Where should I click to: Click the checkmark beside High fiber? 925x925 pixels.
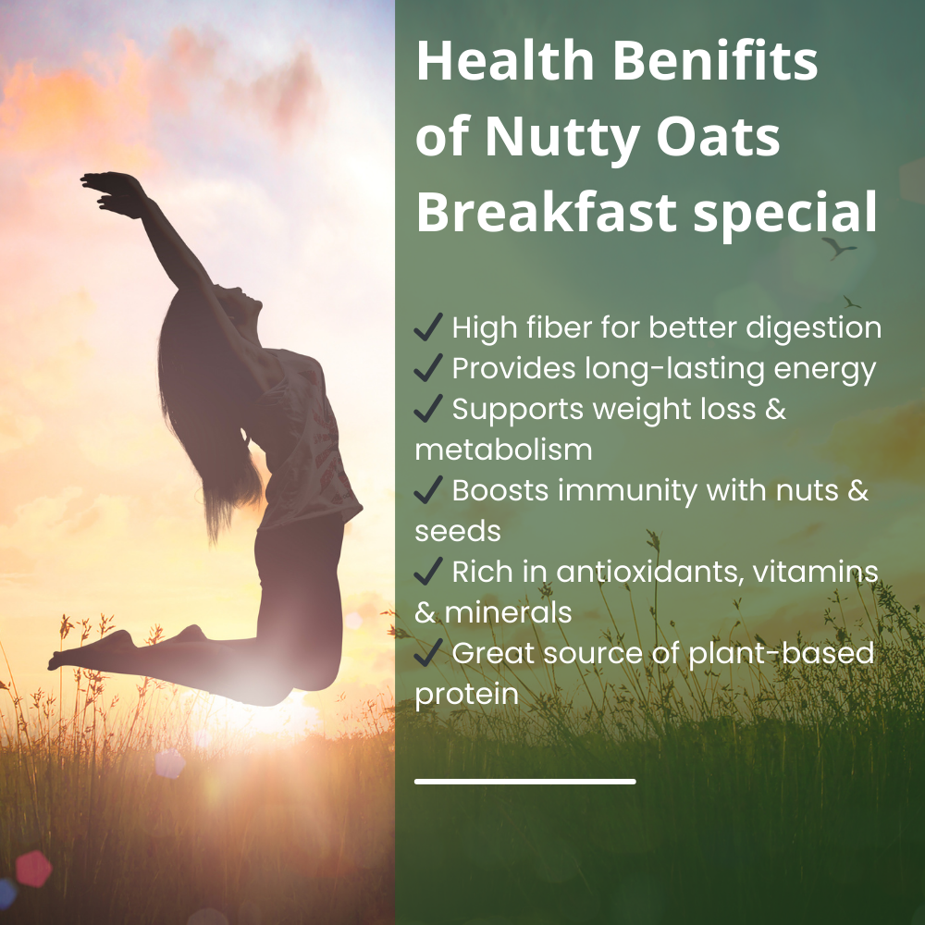point(428,327)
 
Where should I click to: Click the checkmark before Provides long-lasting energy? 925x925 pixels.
point(428,368)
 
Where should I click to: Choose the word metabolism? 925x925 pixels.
point(503,449)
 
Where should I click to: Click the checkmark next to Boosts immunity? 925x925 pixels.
point(428,490)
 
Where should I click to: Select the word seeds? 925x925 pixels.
point(458,530)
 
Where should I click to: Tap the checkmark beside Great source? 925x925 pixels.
point(428,653)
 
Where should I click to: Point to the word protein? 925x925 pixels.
point(466,694)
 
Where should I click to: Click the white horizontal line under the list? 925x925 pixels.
point(524,782)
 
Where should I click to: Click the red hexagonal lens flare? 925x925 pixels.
point(34,868)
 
